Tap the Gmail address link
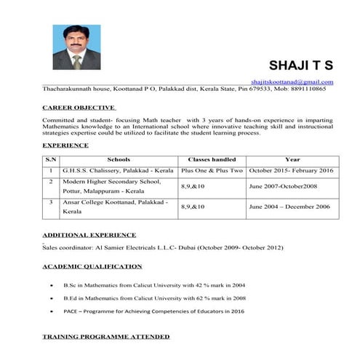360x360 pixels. point(292,82)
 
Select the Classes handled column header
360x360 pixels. point(212,159)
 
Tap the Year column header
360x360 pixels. point(292,159)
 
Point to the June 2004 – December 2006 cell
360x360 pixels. point(289,207)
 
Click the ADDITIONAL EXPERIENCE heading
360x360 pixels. point(89,235)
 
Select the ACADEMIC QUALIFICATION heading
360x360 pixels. point(92,266)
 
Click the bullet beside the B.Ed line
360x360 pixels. point(50,298)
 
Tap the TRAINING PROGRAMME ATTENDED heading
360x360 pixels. point(106,337)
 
